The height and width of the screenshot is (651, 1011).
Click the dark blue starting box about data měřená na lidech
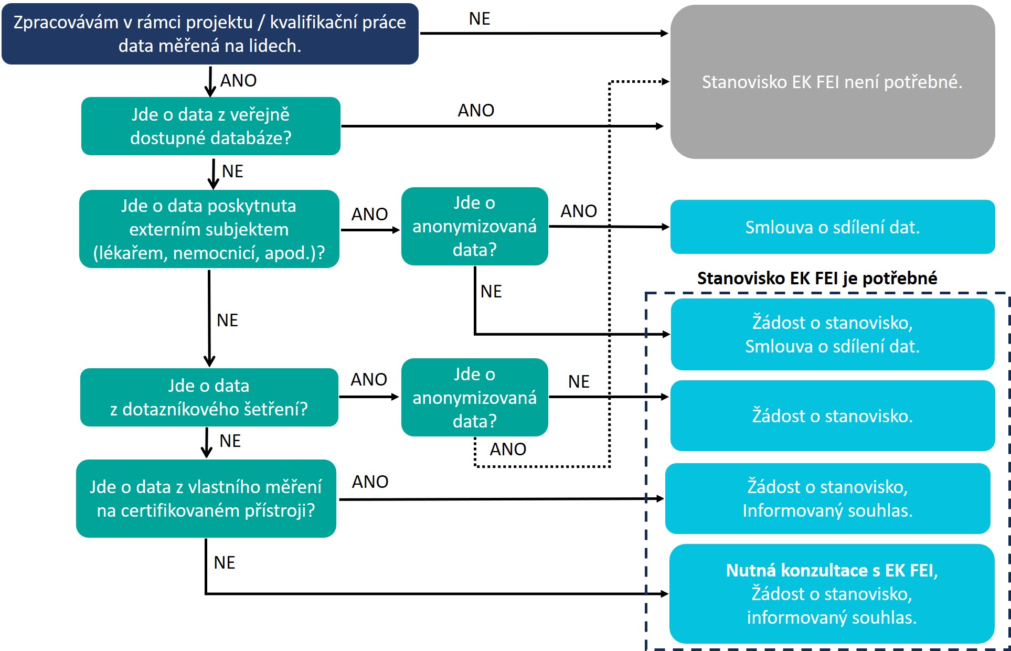[210, 34]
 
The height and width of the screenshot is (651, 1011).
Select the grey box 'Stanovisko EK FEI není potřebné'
[832, 82]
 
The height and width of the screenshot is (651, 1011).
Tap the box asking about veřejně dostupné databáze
[210, 126]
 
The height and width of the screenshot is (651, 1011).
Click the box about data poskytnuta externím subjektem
[209, 229]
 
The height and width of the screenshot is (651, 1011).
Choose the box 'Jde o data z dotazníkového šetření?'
[209, 397]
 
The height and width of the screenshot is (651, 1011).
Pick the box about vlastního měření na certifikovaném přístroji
[206, 498]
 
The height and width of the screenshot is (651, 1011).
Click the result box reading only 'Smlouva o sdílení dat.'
[832, 227]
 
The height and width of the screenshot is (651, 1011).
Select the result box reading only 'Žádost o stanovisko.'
[832, 415]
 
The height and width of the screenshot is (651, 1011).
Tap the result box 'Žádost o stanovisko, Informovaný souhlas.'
[827, 498]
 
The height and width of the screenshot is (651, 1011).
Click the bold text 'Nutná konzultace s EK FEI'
[832, 570]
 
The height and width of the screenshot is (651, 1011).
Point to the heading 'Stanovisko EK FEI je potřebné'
[817, 278]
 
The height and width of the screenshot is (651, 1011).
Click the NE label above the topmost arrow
[479, 19]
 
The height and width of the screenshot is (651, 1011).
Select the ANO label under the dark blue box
[238, 81]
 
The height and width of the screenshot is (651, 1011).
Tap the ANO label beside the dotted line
[507, 450]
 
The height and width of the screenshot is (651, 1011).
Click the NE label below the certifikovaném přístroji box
[224, 563]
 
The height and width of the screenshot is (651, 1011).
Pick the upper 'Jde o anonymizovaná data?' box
[474, 226]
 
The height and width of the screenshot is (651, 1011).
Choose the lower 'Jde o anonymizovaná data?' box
[474, 398]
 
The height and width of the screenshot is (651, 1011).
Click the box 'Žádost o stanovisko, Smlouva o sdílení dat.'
[832, 334]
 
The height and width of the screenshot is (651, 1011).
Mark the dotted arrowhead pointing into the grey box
[665, 81]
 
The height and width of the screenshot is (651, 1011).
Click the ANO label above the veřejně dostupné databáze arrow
[476, 111]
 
